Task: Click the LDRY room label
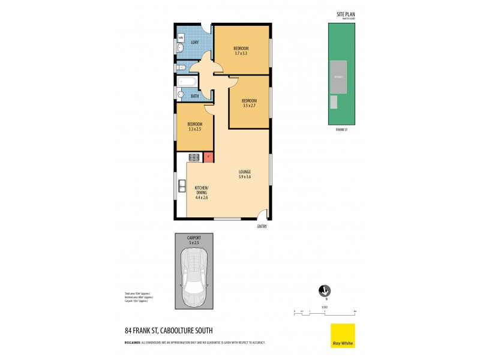[195, 42]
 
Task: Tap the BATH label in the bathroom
[195, 96]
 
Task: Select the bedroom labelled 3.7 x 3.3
[242, 50]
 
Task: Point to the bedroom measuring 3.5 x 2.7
[250, 103]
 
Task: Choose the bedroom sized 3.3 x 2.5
[194, 127]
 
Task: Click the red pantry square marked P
[208, 157]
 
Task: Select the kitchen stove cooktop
[194, 157]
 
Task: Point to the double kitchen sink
[182, 190]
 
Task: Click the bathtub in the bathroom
[187, 82]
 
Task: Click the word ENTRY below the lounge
[262, 226]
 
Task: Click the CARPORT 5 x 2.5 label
[194, 240]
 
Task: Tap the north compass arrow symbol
[325, 290]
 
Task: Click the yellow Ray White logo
[343, 335]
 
